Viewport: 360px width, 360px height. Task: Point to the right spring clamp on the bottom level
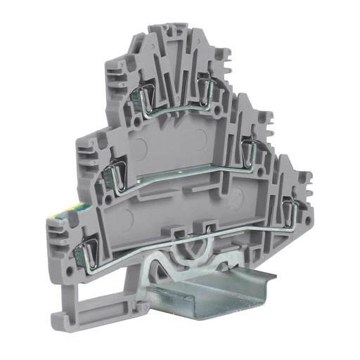click(x=287, y=206)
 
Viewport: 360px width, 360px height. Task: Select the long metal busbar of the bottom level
click(x=190, y=239)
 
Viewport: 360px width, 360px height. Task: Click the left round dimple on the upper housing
click(x=140, y=148)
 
